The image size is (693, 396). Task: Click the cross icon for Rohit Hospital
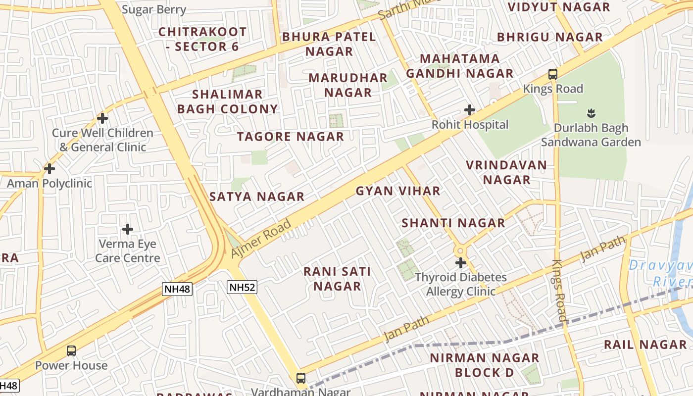coord(470,110)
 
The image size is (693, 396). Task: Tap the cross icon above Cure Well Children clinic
coord(102,118)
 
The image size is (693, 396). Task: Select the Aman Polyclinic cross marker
coord(49,169)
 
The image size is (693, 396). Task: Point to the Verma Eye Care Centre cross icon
coord(128,229)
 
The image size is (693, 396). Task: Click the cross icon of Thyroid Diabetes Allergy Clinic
coord(461,263)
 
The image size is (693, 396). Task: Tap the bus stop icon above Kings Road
coord(553,75)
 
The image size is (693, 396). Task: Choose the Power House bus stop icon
coord(71,351)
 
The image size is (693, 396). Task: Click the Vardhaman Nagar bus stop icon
coord(300,378)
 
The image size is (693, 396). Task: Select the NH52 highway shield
coord(243,287)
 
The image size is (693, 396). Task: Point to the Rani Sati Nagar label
coord(337,279)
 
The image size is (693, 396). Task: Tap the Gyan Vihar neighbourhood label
coord(398,191)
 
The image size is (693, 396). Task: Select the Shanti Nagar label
coord(453,223)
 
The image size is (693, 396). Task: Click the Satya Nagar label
coord(257,197)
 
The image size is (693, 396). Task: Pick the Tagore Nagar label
coord(291,137)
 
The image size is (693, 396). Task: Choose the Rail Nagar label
coord(645,345)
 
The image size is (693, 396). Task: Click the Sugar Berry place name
coord(154,9)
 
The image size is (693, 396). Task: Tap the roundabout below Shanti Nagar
coord(460,250)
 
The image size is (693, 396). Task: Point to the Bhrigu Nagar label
coord(550,37)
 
